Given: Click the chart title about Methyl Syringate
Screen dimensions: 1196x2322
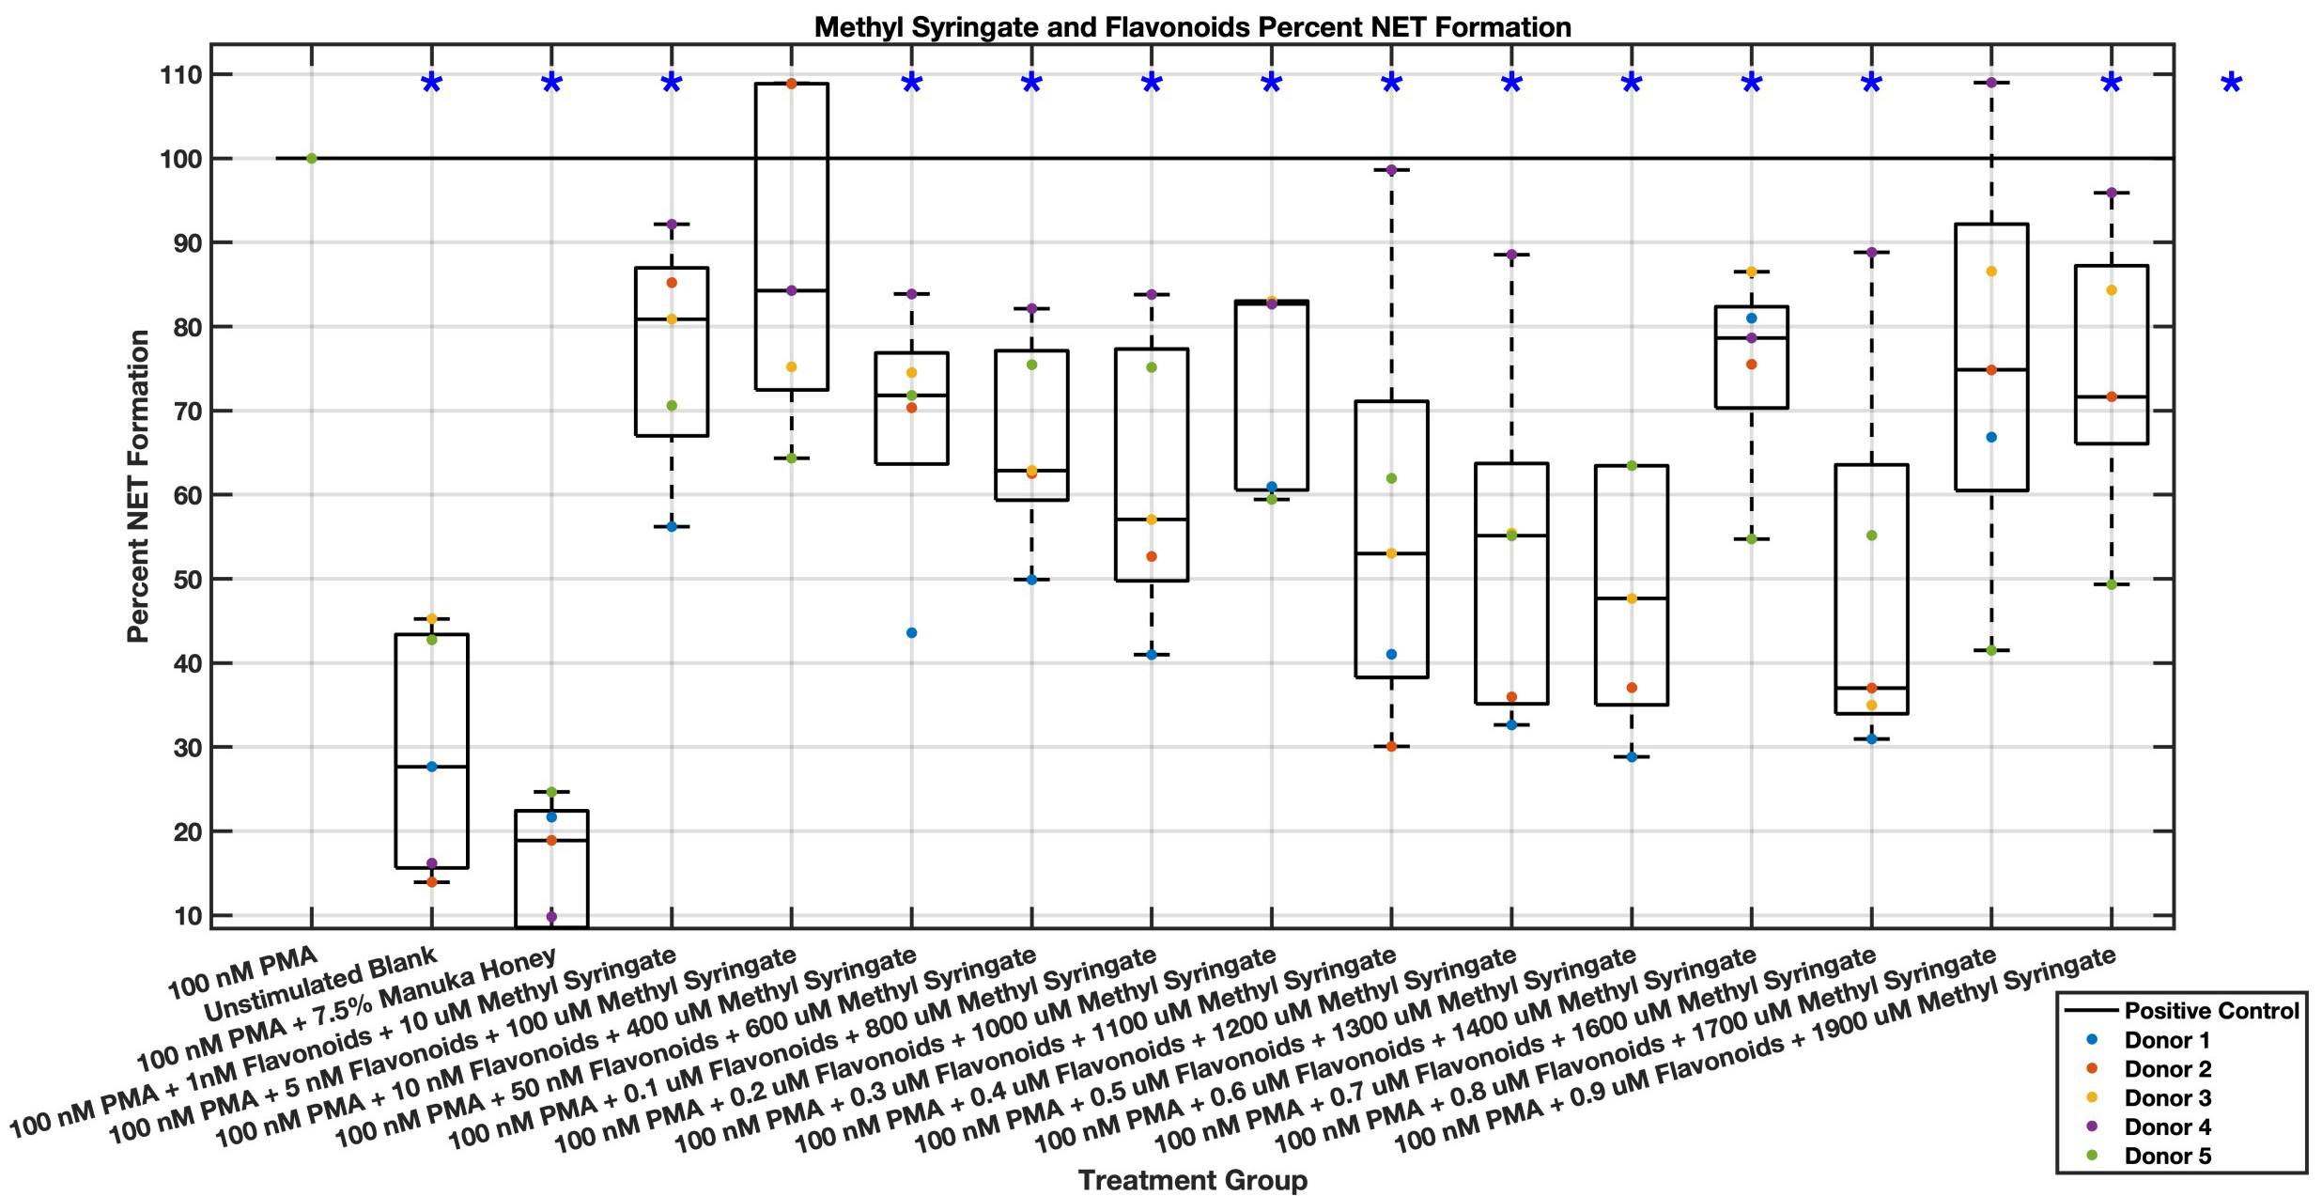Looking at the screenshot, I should (1192, 27).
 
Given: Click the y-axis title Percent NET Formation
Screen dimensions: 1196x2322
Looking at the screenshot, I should (139, 486).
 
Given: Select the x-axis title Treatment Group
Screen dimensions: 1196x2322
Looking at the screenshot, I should (1192, 1180).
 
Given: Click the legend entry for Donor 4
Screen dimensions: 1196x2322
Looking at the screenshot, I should (2166, 1126).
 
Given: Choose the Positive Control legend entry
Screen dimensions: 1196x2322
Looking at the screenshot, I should (2210, 1011).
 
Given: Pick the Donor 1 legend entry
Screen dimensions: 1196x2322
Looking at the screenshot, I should (2166, 1040).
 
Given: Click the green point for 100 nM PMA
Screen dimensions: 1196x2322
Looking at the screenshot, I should (312, 158).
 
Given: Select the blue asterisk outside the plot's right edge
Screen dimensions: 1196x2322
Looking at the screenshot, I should (2231, 85).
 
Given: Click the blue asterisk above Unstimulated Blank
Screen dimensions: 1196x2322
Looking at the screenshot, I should (431, 85).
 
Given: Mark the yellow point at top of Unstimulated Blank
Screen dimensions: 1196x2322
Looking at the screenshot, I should (432, 618).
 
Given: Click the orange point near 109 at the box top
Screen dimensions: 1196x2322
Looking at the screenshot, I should (791, 84).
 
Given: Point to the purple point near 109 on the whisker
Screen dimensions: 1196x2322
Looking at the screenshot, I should (1990, 83).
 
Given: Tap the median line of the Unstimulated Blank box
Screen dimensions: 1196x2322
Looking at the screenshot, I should (432, 767).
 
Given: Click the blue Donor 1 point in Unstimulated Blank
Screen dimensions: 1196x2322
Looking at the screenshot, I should (432, 767).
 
